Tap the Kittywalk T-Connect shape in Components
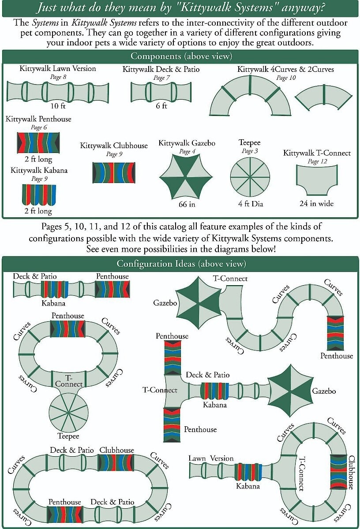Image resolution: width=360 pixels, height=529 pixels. pyautogui.click(x=316, y=179)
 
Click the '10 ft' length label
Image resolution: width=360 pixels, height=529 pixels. pyautogui.click(x=57, y=106)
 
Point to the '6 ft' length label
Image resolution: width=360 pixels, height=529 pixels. pyautogui.click(x=161, y=106)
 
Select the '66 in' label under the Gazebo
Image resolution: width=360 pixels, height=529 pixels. pyautogui.click(x=186, y=204)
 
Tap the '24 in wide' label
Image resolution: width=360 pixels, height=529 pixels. pyautogui.click(x=316, y=204)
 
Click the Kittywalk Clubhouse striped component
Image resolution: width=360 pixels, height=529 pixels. pyautogui.click(x=114, y=172)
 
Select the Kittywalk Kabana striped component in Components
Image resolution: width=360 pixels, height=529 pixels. pyautogui.click(x=39, y=194)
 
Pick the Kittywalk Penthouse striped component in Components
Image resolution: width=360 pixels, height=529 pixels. pyautogui.click(x=38, y=142)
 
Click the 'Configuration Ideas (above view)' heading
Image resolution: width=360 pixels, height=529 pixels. pyautogui.click(x=181, y=264)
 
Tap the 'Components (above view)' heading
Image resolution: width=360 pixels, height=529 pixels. pyautogui.click(x=181, y=56)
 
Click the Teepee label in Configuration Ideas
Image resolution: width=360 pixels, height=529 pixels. pyautogui.click(x=68, y=436)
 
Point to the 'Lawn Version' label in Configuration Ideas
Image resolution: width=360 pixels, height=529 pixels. pyautogui.click(x=211, y=458)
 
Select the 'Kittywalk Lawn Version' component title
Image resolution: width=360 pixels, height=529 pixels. pyautogui.click(x=57, y=69)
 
